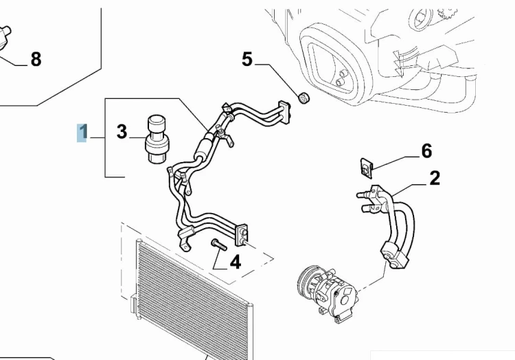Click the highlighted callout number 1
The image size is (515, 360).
pyautogui.click(x=82, y=133)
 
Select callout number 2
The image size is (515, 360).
pyautogui.click(x=435, y=179)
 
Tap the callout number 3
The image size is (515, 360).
pyautogui.click(x=122, y=132)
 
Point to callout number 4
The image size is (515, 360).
pyautogui.click(x=235, y=262)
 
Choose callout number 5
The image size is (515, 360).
pyautogui.click(x=247, y=60)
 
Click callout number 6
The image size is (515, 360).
pyautogui.click(x=426, y=151)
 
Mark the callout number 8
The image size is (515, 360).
pyautogui.click(x=36, y=60)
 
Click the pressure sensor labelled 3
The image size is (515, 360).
pyautogui.click(x=157, y=139)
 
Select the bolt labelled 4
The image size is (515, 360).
pyautogui.click(x=219, y=245)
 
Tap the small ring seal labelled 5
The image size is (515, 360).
pyautogui.click(x=304, y=98)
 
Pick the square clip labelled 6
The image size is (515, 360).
pyautogui.click(x=366, y=168)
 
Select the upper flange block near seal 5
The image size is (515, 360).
pyautogui.click(x=285, y=113)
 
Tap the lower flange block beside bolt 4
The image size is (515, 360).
pyautogui.click(x=242, y=235)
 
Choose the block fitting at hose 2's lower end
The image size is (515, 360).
pyautogui.click(x=394, y=255)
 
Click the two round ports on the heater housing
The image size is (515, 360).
pyautogui.click(x=341, y=78)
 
